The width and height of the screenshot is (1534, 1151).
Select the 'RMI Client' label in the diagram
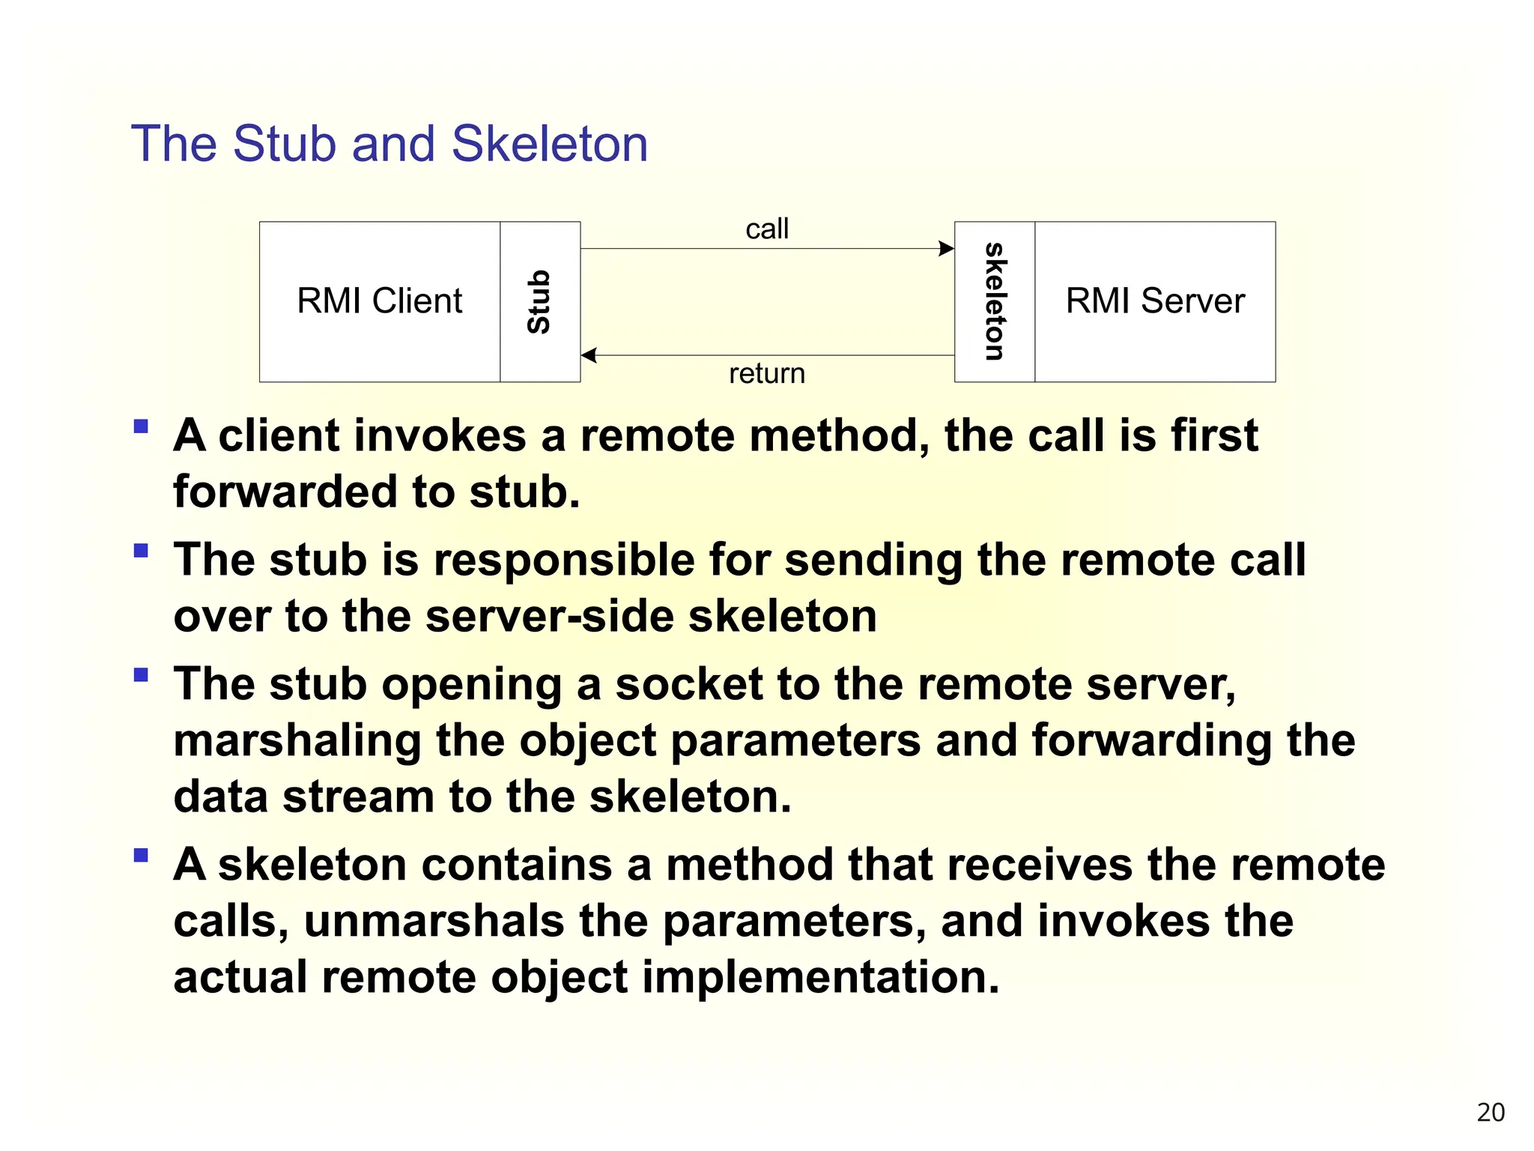[x=380, y=301]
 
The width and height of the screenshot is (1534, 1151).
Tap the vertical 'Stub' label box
[x=539, y=301]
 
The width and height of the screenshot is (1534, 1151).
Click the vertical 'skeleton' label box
[x=995, y=301]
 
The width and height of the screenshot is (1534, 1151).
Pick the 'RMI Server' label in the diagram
[x=1155, y=301]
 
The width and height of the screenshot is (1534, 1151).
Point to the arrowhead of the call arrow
[x=947, y=249]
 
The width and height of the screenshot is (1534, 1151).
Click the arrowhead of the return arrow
[x=589, y=355]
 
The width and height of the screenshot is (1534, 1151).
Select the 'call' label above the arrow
[x=767, y=229]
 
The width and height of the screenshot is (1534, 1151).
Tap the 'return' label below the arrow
[x=767, y=373]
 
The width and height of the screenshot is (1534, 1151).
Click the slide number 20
[x=1491, y=1112]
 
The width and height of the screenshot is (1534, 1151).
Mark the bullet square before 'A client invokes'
[x=141, y=426]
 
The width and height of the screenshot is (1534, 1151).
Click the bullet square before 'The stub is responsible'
[x=141, y=551]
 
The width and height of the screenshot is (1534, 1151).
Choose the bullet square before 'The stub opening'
[x=141, y=674]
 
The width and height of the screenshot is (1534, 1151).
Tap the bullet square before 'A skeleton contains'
[x=141, y=855]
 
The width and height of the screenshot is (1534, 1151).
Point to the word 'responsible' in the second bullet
[x=564, y=560]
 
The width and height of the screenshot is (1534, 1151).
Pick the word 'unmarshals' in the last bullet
[x=434, y=921]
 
